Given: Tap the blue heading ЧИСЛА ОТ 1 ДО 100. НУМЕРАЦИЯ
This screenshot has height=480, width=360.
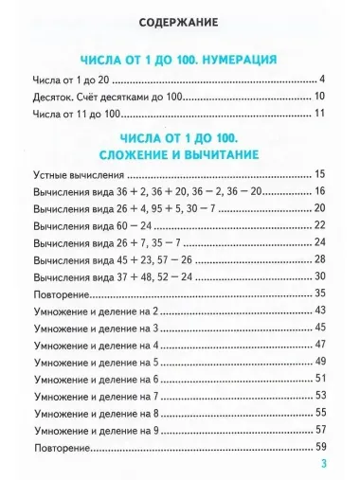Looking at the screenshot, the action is [179, 58].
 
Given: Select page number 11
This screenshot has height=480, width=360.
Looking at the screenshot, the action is [319, 115].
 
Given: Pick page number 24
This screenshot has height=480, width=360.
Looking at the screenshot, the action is [319, 241].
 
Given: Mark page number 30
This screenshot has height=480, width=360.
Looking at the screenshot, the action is [319, 276].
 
